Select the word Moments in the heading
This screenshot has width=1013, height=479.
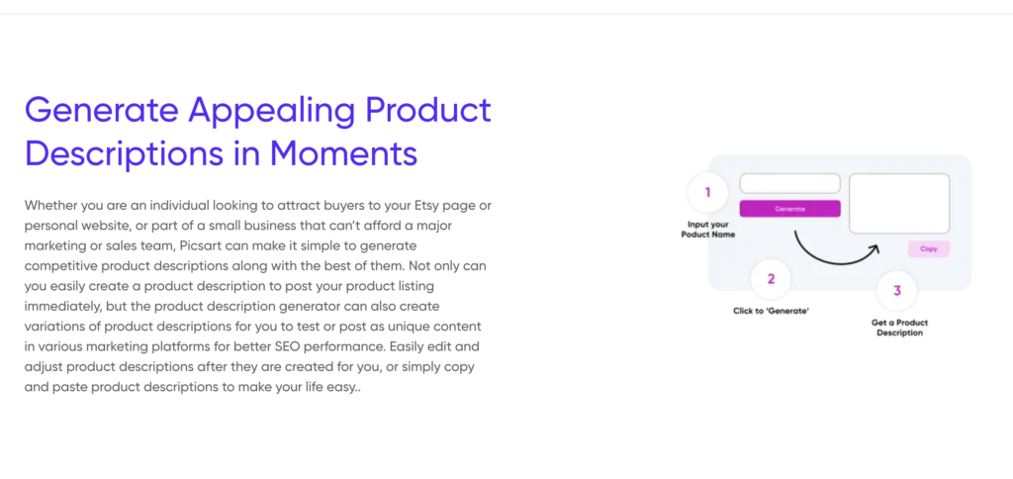coord(343,153)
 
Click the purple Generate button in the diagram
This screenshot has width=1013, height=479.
coord(789,209)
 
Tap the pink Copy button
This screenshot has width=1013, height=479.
coord(928,248)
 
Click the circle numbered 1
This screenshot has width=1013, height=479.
coord(707,192)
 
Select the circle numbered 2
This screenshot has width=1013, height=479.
coord(771,279)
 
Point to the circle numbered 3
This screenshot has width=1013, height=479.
coord(896,290)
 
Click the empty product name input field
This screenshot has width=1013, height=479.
coord(789,184)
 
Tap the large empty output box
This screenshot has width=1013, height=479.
coord(898,203)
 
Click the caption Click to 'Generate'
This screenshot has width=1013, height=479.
coord(772,312)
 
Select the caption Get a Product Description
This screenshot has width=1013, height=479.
coord(899,328)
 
